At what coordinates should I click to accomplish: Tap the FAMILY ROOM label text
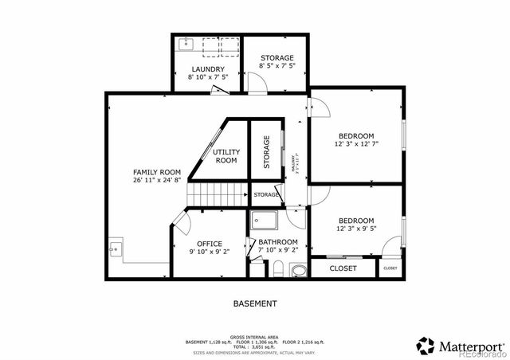[157, 172]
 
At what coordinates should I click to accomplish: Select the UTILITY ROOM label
[226, 156]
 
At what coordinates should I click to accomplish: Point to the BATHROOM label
[277, 242]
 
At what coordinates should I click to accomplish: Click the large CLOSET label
[343, 268]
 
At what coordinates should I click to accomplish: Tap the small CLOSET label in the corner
[390, 268]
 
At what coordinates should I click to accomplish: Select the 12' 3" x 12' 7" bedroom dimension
[355, 145]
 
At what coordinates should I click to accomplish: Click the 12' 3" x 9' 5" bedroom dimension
[355, 229]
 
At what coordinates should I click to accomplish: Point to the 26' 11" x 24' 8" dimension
[157, 181]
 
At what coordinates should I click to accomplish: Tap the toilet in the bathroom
[298, 271]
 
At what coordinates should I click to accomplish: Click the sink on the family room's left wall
[114, 249]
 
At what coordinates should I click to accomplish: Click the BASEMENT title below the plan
[255, 303]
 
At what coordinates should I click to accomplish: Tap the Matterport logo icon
[426, 346]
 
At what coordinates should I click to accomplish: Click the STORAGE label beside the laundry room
[277, 58]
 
